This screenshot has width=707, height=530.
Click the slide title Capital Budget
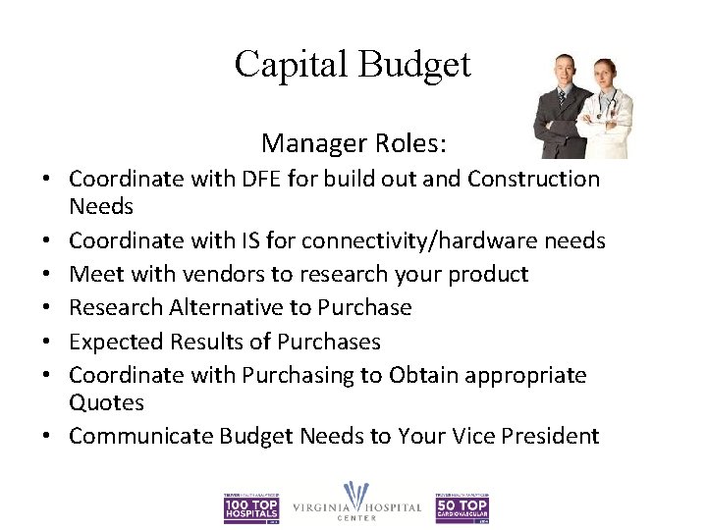coord(353,65)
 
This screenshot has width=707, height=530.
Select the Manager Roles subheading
coord(354,144)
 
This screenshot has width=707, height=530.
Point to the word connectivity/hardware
coord(388,241)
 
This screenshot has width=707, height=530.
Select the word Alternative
coord(232,308)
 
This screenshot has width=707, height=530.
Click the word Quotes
coord(106,403)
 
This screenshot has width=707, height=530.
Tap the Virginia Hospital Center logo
coord(357,503)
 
